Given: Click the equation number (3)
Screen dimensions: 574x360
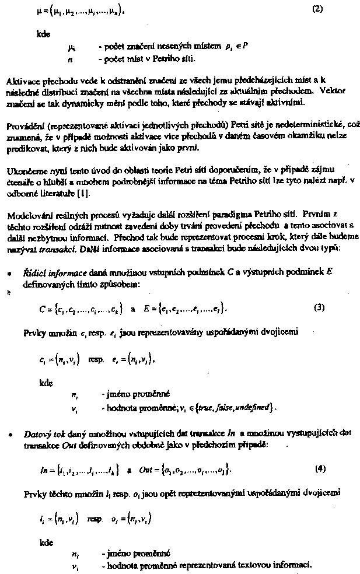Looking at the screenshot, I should click(x=319, y=307).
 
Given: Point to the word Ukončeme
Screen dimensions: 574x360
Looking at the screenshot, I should click(x=23, y=169).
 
